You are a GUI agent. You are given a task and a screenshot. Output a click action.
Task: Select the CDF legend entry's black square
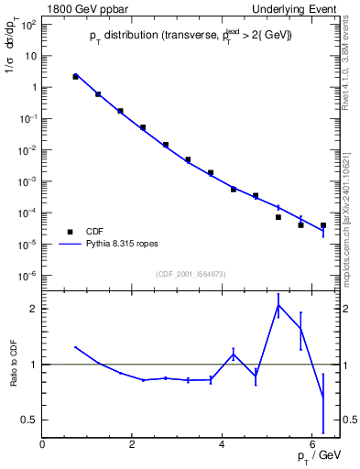point(67,232)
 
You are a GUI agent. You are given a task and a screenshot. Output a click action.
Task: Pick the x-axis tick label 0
point(43,445)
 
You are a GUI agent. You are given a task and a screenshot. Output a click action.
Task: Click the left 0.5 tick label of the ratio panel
point(30,420)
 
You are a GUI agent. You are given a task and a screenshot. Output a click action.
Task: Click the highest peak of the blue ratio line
point(278,305)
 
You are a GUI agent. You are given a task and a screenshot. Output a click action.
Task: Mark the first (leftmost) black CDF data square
point(75,77)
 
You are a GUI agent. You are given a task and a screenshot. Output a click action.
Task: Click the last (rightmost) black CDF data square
point(323,224)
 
